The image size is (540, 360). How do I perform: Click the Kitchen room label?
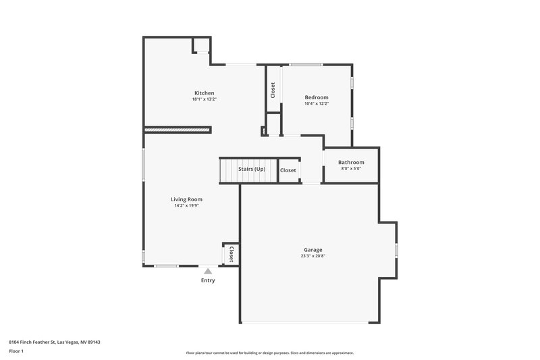click(204, 93)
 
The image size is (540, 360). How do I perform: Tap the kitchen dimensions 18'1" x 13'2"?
click(204, 99)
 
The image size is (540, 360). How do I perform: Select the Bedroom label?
click(316, 97)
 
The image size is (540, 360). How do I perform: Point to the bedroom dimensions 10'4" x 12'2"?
click(316, 103)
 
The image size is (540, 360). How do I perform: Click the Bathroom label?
click(351, 162)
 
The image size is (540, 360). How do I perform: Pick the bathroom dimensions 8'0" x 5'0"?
click(351, 168)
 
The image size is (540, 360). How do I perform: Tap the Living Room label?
click(186, 199)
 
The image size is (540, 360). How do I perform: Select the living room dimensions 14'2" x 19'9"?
click(186, 205)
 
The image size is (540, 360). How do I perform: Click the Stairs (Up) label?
click(251, 169)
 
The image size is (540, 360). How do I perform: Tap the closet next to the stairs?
click(288, 170)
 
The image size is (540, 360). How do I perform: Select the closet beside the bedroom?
click(273, 90)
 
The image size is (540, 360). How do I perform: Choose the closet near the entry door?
click(231, 254)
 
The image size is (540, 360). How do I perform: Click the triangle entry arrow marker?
click(208, 271)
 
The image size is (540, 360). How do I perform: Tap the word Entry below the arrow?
click(208, 280)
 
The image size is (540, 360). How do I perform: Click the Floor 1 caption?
click(17, 352)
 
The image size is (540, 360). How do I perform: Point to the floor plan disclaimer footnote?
click(269, 353)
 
